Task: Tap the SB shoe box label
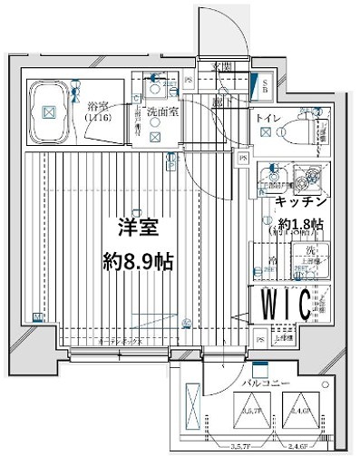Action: (x=264, y=87)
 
